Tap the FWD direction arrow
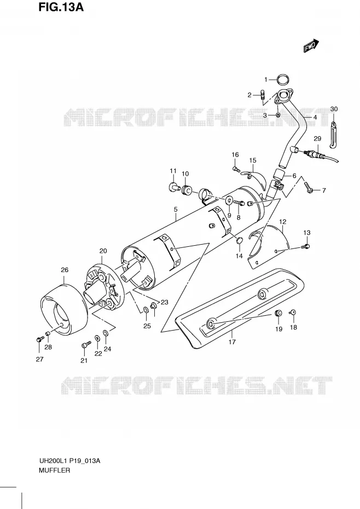coord(311,46)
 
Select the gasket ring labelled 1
coord(283,79)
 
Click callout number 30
coord(334,109)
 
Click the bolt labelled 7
coord(309,187)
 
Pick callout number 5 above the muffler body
coord(176,210)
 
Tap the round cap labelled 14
coord(239,240)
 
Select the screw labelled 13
coord(305,247)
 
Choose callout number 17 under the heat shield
coord(232,342)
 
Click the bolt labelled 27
coord(39,339)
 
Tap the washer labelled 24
coord(106,333)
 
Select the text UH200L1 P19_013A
coord(69,461)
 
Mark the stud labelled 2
coord(263,95)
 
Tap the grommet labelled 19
coord(278,314)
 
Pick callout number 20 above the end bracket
coord(103,251)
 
